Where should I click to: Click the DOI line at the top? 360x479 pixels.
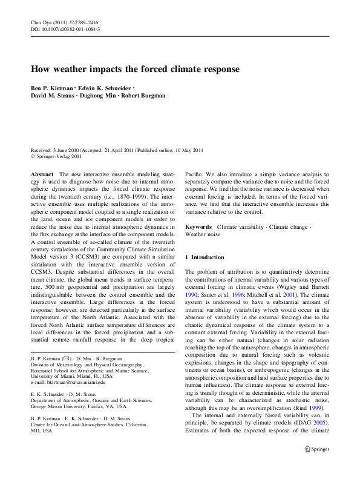click(x=65, y=29)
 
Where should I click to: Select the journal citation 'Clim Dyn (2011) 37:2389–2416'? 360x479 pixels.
click(x=64, y=22)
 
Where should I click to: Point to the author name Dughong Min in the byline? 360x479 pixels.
click(x=96, y=96)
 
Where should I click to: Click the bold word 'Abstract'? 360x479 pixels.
click(x=42, y=174)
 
